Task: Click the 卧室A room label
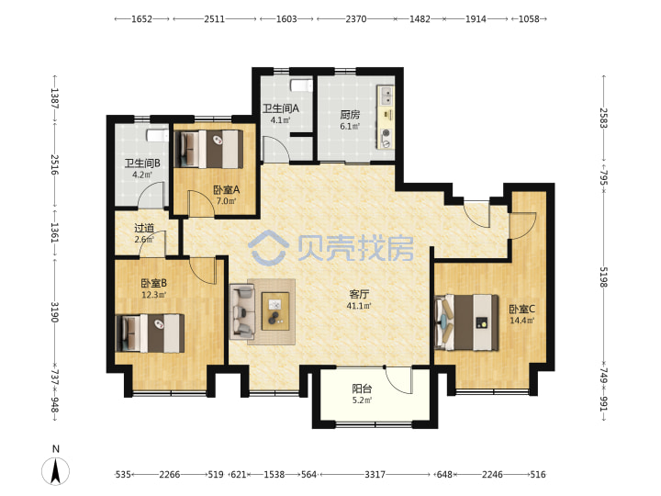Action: click(227, 190)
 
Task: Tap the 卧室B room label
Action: click(154, 284)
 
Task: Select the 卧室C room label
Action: click(521, 310)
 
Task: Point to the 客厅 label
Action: click(359, 294)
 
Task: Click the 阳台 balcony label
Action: click(362, 389)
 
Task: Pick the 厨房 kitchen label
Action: click(350, 114)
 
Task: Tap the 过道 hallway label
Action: click(144, 228)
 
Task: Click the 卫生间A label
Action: click(281, 108)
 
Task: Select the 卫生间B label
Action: click(142, 163)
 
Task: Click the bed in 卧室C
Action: click(465, 322)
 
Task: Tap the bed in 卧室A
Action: click(208, 150)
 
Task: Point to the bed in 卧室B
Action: click(150, 333)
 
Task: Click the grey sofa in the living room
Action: click(242, 311)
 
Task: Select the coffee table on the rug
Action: click(275, 311)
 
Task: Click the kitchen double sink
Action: click(387, 96)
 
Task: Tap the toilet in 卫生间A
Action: click(301, 85)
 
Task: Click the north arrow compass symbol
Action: click(56, 470)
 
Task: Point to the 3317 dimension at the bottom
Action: click(375, 475)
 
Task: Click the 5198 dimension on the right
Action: click(604, 277)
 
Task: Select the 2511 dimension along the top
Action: click(215, 19)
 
